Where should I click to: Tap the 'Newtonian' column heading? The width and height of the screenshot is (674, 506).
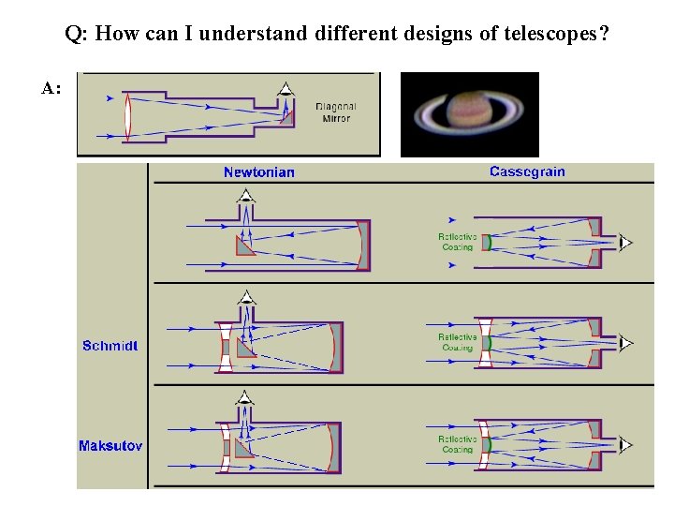(259, 172)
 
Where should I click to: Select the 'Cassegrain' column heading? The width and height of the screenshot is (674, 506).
(527, 171)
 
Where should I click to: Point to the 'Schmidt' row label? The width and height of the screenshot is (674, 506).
(110, 346)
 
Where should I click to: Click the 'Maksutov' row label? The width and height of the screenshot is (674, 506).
(110, 446)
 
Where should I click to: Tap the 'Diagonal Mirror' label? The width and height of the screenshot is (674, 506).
(336, 112)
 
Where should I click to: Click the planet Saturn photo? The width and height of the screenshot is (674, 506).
(470, 114)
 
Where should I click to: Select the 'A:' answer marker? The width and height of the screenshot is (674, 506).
(51, 89)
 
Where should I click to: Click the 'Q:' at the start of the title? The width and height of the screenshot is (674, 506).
(77, 36)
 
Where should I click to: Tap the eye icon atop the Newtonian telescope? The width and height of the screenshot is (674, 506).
(245, 197)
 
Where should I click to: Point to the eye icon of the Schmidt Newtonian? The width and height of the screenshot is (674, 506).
(245, 297)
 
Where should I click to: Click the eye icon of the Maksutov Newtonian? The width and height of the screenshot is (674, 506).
(245, 397)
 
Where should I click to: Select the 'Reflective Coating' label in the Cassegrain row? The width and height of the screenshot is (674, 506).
(458, 242)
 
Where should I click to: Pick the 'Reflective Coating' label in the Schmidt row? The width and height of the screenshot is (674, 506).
(458, 342)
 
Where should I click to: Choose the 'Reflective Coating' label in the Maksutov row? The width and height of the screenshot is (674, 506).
(458, 444)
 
